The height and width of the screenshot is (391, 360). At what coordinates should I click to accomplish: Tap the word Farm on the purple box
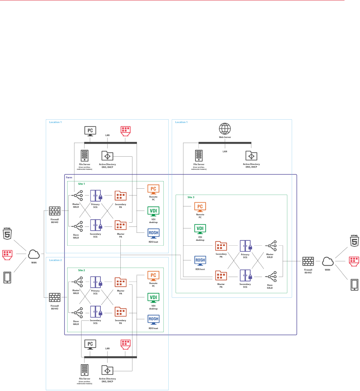[69, 177]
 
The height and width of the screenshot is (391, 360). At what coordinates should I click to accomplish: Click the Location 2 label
[55, 260]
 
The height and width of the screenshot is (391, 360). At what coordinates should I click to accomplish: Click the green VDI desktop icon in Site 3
[200, 228]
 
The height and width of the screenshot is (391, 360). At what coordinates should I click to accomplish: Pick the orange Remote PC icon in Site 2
[154, 275]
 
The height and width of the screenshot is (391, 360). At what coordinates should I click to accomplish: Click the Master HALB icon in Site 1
[78, 195]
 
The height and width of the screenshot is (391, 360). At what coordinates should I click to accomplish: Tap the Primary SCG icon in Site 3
[245, 246]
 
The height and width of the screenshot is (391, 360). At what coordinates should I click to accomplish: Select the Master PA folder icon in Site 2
[120, 282]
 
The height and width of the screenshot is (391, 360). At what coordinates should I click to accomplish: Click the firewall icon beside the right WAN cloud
[308, 261]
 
